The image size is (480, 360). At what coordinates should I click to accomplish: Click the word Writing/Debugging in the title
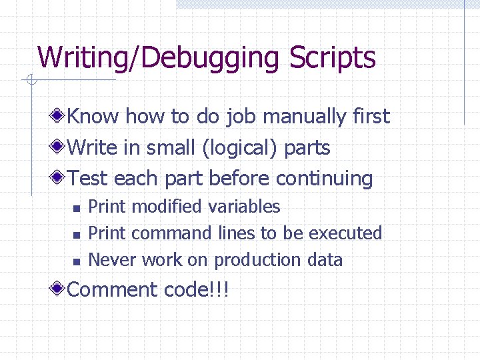159,58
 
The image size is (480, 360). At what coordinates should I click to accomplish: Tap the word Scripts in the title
333,58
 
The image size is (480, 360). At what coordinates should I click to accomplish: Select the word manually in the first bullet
297,117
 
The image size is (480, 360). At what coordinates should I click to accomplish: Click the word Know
93,117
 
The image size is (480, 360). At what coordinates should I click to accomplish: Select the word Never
111,260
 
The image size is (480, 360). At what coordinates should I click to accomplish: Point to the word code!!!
197,289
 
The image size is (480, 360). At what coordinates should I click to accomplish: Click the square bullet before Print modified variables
77,209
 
